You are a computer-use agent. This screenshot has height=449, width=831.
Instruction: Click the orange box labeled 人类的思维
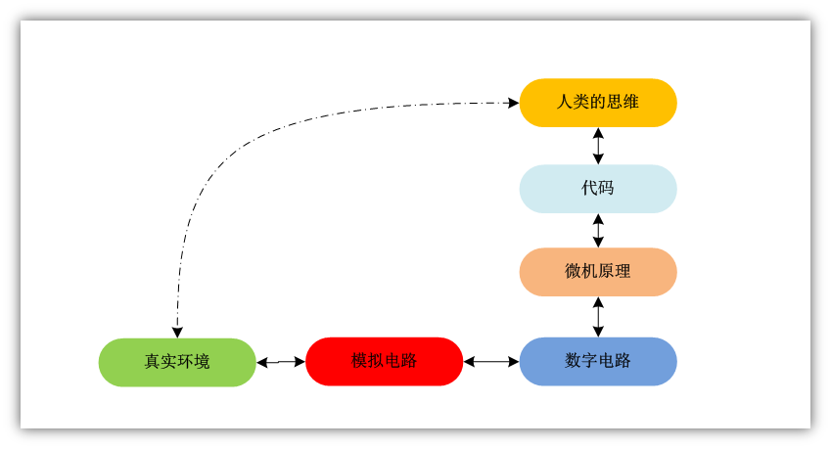[597, 103]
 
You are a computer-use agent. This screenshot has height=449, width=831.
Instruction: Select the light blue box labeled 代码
[597, 189]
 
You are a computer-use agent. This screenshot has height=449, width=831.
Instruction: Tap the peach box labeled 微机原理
[597, 272]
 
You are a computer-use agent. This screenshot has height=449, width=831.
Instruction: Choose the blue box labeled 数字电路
[597, 361]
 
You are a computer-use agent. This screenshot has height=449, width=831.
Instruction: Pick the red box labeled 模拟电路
[384, 361]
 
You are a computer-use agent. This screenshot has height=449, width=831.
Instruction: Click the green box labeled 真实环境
[177, 362]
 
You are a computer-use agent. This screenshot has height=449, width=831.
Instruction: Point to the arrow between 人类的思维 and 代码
[598, 146]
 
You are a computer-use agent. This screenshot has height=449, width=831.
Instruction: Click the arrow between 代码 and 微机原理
[598, 230]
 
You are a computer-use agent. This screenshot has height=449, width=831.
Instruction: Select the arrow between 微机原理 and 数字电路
[598, 317]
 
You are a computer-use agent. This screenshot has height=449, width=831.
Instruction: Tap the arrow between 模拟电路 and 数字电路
[490, 362]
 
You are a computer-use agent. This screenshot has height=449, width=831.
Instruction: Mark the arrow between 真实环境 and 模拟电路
[281, 362]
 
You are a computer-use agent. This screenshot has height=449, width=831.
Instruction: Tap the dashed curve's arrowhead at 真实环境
[177, 332]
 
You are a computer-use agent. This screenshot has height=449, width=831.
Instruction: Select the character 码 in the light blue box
[606, 189]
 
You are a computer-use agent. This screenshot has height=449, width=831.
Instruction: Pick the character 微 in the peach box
[574, 272]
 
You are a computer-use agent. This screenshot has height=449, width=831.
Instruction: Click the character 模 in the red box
[360, 361]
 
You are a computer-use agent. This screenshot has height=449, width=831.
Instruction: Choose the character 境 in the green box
[202, 362]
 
